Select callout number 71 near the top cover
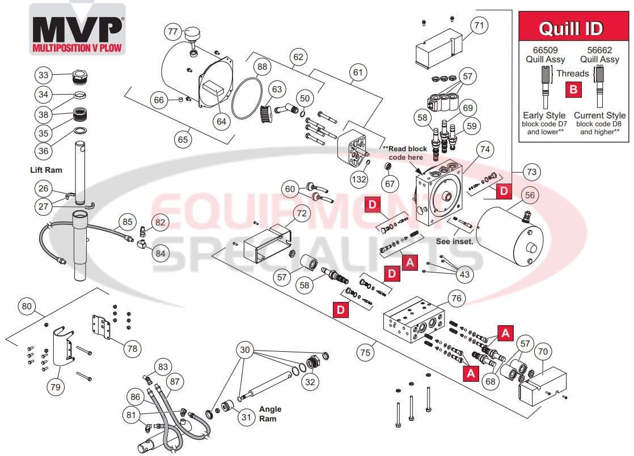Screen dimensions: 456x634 pos(480,25)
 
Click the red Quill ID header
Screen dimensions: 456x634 pos(571,28)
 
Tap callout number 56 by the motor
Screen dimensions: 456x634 pos(530,195)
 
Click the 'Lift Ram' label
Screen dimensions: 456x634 pos(46,170)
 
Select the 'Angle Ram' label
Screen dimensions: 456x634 pos(270,414)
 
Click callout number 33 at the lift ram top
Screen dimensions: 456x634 pos(44,75)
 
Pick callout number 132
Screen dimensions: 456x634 pos(358,180)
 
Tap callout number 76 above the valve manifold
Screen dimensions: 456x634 pos(456,298)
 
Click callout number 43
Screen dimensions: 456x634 pos(464,274)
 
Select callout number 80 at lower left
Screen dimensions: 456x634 pos(27,306)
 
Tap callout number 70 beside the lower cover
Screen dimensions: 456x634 pos(543,351)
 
